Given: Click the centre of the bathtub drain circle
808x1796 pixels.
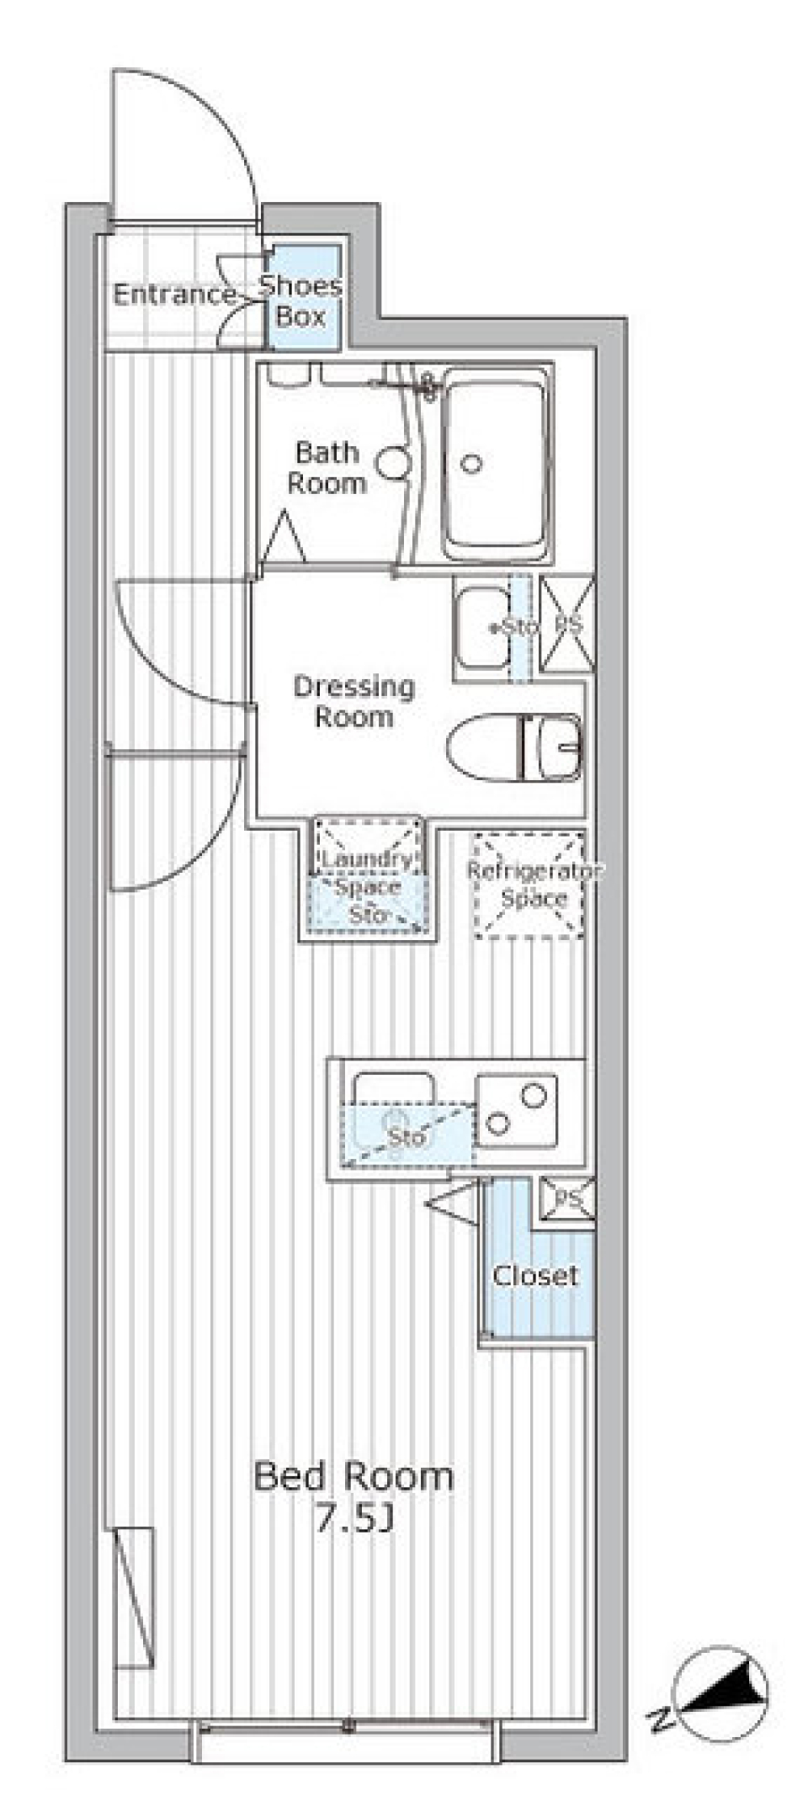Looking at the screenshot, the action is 471,462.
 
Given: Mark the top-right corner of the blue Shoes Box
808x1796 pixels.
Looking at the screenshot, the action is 341,247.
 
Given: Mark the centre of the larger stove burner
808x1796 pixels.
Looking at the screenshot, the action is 532,1095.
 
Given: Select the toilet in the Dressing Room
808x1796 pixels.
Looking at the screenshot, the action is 514,746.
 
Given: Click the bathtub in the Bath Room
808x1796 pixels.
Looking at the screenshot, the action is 495,465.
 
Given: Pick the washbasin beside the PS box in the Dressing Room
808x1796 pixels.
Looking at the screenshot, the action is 483,627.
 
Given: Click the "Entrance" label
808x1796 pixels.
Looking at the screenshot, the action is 175,295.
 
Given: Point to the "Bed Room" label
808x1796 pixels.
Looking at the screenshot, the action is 353,1477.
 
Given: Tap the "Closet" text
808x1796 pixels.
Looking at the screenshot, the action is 535,1276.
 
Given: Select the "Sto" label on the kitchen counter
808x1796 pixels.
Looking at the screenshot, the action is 406,1137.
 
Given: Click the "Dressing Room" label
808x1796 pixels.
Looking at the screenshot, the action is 353,701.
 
